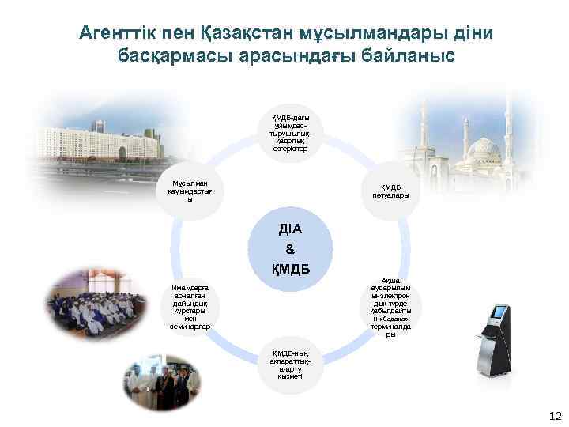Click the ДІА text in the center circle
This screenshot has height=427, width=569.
coord(290,229)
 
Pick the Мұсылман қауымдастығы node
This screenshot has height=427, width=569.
coord(189,190)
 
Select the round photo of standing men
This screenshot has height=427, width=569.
coord(162,387)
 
